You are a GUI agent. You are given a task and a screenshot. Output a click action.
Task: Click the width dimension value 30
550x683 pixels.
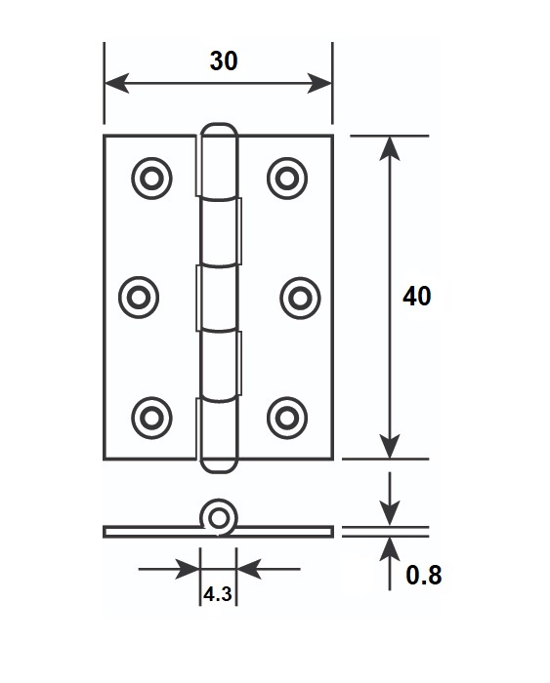224,60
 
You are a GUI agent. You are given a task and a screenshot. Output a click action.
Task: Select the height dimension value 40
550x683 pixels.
416,297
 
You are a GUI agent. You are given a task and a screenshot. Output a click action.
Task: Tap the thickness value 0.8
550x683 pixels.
424,575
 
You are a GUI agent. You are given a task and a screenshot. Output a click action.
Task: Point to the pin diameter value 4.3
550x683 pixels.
218,593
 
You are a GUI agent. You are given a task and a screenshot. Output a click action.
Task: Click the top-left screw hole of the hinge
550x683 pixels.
151,179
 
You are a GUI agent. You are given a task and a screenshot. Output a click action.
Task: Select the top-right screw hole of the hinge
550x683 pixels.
287,179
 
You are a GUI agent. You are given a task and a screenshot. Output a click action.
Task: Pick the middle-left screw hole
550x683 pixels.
139,298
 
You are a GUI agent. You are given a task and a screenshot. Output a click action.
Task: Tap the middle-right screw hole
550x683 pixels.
300,298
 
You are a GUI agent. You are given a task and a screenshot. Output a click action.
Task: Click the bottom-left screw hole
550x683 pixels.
151,419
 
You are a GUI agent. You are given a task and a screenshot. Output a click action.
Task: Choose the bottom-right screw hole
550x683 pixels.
287,419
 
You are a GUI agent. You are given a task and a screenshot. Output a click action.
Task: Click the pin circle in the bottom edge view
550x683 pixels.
218,519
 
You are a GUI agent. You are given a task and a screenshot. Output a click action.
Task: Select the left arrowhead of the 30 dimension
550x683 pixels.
117,83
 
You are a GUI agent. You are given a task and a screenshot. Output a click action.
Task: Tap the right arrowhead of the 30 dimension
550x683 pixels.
319,83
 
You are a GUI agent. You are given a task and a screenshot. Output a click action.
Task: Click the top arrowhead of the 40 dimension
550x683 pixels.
390,148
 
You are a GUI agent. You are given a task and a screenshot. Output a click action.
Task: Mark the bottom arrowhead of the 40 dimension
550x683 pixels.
390,447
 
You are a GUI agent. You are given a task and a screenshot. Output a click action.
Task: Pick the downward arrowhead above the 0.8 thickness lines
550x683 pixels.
390,514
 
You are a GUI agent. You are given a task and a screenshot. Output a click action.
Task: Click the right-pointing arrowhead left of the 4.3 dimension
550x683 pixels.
188,569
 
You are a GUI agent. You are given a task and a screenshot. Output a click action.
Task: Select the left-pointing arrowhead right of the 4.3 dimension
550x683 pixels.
248,569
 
